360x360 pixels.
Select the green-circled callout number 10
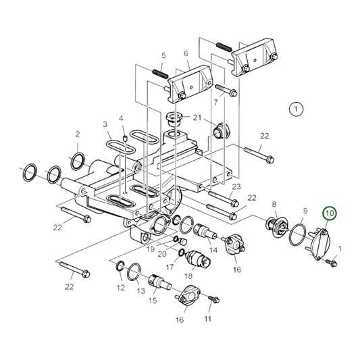330,214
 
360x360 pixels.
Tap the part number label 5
163,55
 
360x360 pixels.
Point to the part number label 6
186,53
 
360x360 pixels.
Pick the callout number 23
236,186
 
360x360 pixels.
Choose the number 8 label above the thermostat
274,203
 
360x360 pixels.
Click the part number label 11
208,317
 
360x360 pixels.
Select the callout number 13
140,291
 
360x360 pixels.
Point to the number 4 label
122,119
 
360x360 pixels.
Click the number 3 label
105,125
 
